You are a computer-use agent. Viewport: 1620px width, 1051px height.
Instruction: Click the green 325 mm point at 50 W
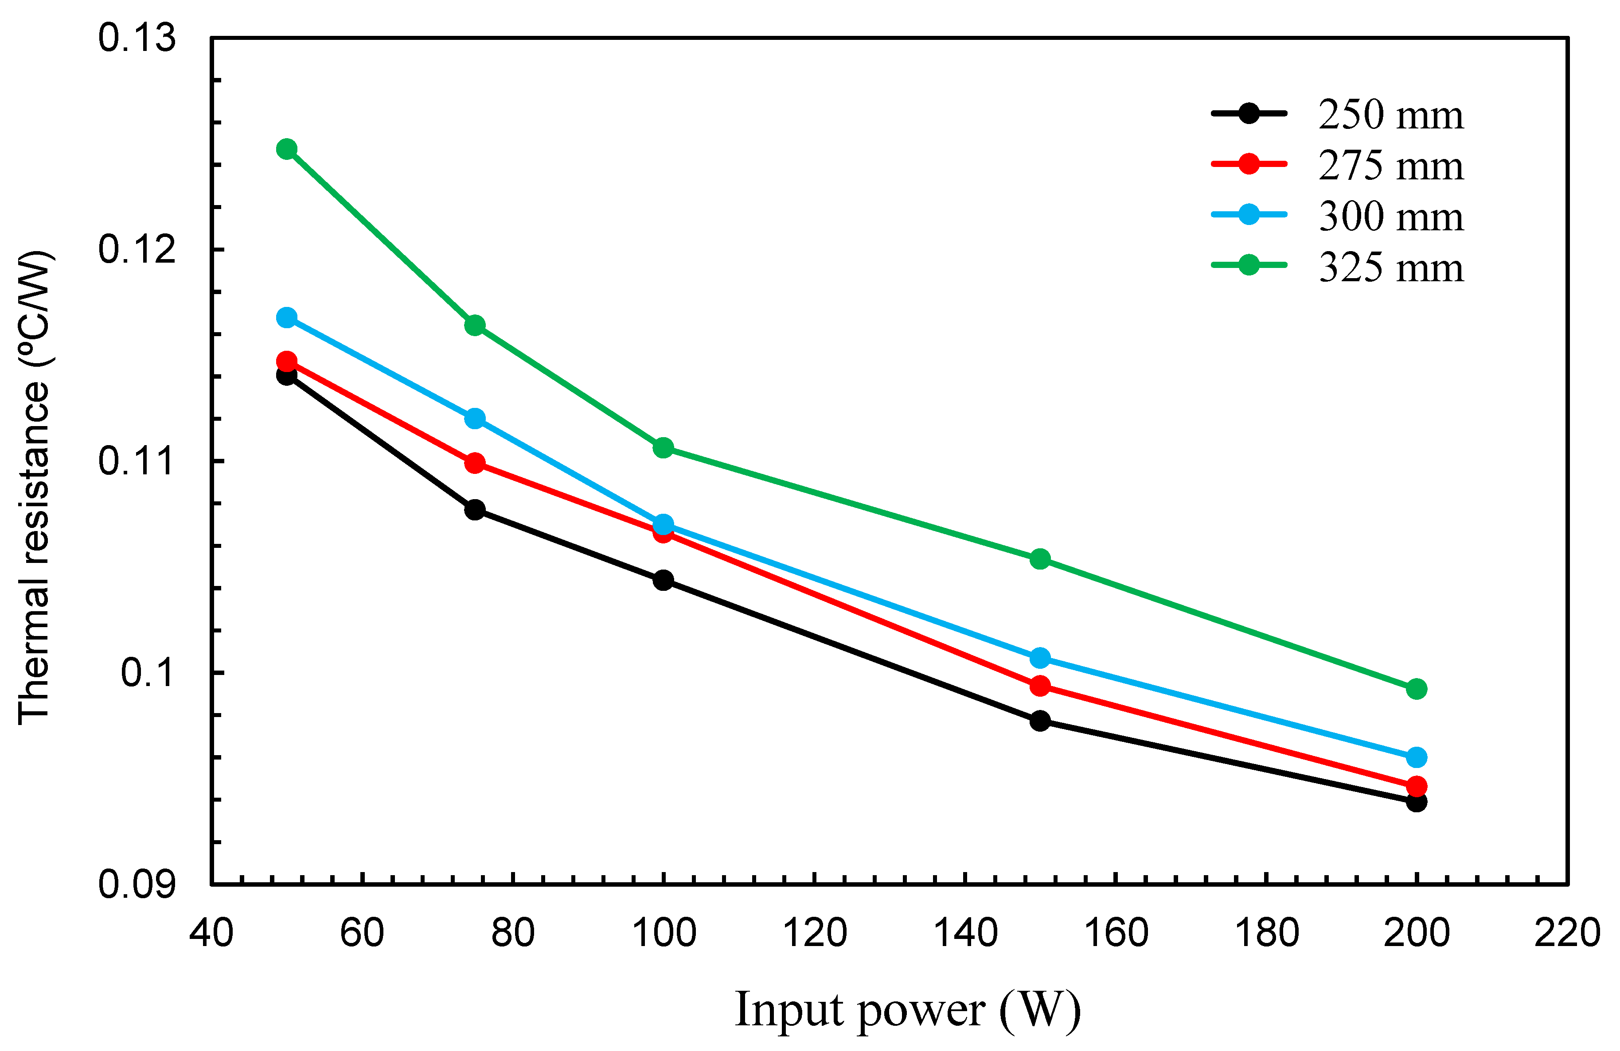[287, 149]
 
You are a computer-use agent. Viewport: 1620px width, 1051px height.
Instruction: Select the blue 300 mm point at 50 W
[287, 318]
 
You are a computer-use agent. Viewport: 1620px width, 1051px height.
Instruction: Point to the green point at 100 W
[663, 448]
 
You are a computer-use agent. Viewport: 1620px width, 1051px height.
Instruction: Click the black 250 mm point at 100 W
[663, 580]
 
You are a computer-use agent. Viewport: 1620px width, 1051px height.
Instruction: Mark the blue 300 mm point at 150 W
[1039, 658]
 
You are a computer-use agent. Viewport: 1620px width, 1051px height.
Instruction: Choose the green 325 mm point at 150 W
[1039, 559]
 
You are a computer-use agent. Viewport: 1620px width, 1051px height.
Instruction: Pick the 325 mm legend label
[1390, 268]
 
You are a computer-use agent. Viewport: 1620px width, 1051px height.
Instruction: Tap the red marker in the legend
[1248, 164]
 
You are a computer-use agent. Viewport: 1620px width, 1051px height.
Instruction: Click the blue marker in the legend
[1248, 214]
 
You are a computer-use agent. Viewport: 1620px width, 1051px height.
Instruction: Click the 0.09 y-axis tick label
[137, 884]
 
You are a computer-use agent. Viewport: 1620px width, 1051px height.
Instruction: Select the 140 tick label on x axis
[965, 933]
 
